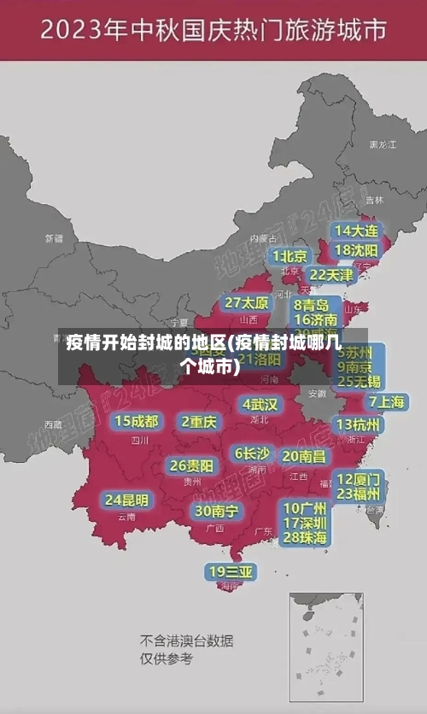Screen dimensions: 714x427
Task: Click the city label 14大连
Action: pyautogui.click(x=356, y=231)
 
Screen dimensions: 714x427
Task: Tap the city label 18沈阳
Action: pyautogui.click(x=356, y=250)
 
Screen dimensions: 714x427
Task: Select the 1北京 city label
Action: pyautogui.click(x=290, y=256)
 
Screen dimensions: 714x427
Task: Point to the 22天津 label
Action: pyautogui.click(x=330, y=275)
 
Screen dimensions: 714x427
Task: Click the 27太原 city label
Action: pyautogui.click(x=247, y=303)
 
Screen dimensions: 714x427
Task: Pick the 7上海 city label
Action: pyautogui.click(x=387, y=401)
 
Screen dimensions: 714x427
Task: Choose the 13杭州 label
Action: pyautogui.click(x=359, y=424)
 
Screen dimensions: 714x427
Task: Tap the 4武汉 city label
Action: pyautogui.click(x=260, y=404)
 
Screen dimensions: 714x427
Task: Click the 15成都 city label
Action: pyautogui.click(x=137, y=421)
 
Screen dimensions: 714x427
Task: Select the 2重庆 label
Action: pyautogui.click(x=200, y=422)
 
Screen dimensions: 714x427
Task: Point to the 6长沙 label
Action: pyautogui.click(x=252, y=454)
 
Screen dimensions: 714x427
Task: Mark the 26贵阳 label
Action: pyautogui.click(x=191, y=465)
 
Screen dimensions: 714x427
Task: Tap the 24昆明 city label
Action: pyautogui.click(x=126, y=500)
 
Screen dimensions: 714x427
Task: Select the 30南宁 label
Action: pyautogui.click(x=216, y=511)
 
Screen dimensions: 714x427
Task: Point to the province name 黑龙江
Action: pyautogui.click(x=382, y=145)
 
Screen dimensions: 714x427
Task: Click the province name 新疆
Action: pyautogui.click(x=54, y=238)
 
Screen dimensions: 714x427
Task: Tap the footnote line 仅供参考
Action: pyautogui.click(x=167, y=658)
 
